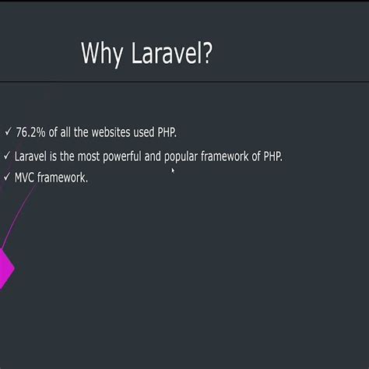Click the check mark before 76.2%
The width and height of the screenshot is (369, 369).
click(x=7, y=132)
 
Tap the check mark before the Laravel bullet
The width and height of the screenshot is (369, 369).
click(x=7, y=156)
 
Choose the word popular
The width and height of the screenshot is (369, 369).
click(x=182, y=156)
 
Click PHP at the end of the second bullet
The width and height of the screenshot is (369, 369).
click(x=272, y=156)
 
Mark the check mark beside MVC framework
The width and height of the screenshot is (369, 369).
click(x=7, y=177)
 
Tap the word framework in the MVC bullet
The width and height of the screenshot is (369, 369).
click(x=63, y=177)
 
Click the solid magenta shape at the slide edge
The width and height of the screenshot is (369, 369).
click(x=5, y=268)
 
